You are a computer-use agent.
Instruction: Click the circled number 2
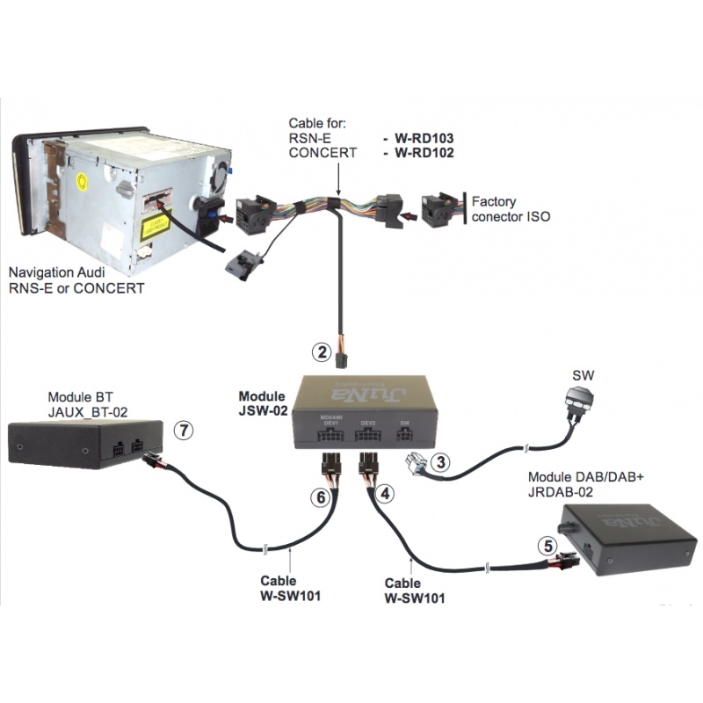(x=322, y=353)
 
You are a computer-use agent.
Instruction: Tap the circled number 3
(x=442, y=460)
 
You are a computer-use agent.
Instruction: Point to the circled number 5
(x=548, y=545)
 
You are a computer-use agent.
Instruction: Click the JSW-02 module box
(x=364, y=409)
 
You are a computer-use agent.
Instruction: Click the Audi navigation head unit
(x=123, y=193)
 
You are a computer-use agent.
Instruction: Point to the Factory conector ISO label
(x=511, y=208)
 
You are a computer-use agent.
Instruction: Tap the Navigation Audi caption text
(x=75, y=280)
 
